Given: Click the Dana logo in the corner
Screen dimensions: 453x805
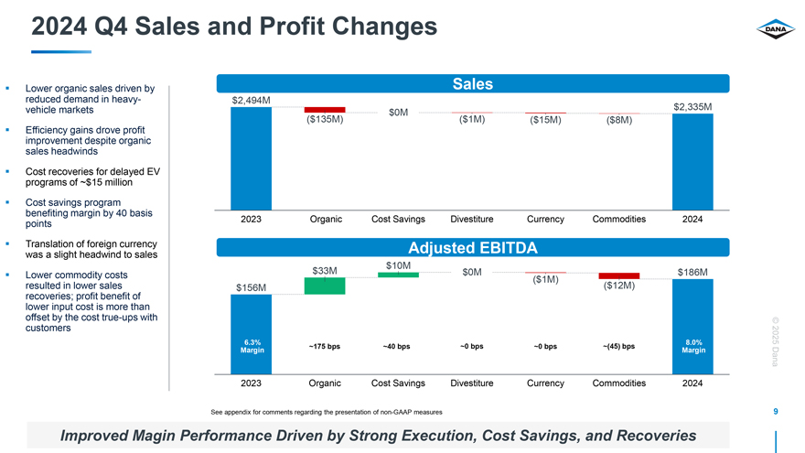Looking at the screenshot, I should tap(771, 31).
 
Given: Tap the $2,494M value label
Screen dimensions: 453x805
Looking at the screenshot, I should tap(251, 99).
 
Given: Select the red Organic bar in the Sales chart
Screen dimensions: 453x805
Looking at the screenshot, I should tap(325, 110).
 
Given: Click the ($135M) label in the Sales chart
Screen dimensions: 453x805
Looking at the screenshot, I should tap(325, 119).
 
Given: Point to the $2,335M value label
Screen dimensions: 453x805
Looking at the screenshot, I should tap(692, 107).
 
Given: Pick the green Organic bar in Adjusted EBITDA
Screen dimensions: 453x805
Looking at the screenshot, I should tap(325, 286).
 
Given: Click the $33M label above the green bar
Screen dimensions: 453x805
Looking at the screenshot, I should tap(325, 271).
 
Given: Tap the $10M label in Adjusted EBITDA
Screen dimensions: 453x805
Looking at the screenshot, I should tap(398, 265).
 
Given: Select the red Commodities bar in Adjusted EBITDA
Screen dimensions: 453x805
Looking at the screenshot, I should tap(618, 275).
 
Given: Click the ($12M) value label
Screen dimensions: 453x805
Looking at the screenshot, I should tap(618, 286).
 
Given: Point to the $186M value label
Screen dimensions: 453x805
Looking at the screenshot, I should tap(692, 272).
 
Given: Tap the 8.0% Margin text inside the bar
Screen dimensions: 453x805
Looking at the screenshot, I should tap(692, 347).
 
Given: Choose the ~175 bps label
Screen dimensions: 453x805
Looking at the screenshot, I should tap(325, 347).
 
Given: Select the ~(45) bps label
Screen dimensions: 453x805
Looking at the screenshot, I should tap(618, 347).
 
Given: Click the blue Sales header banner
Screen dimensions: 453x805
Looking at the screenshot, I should tap(472, 84).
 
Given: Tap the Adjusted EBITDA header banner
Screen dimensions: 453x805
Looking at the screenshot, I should tap(472, 248).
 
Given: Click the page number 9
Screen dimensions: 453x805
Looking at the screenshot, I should tap(776, 412).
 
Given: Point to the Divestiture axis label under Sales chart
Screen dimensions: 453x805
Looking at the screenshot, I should tap(472, 220).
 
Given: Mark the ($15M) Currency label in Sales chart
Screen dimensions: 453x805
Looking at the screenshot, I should tap(545, 120).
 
